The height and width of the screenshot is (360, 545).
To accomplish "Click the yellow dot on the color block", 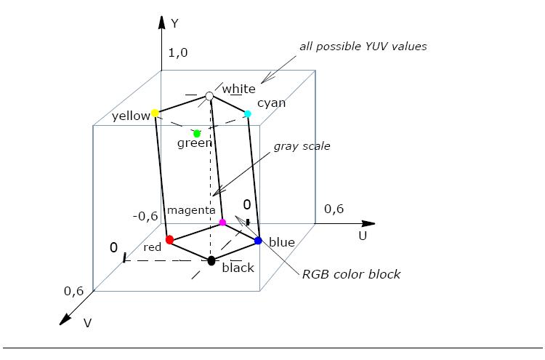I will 155,113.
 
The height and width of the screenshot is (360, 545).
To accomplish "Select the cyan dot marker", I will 248,113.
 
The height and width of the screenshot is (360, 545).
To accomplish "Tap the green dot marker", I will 197,133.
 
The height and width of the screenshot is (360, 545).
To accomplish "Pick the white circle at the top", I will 210,96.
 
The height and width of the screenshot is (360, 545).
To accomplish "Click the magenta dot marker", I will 223,222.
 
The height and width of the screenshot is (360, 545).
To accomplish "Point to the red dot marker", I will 169,239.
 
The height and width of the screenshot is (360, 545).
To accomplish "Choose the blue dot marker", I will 258,240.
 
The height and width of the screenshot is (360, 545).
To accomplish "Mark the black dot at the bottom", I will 211,260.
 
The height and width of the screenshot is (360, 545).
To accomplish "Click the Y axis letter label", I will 174,23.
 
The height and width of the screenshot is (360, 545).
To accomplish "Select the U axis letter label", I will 363,236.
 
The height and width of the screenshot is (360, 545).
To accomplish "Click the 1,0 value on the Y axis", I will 178,52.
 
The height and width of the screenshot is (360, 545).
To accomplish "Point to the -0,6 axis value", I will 145,215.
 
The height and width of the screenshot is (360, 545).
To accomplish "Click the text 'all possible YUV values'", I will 363,47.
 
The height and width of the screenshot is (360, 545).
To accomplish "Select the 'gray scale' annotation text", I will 302,146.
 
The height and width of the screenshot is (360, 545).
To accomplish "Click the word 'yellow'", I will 130,116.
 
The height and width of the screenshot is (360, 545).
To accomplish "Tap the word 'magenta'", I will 191,210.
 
